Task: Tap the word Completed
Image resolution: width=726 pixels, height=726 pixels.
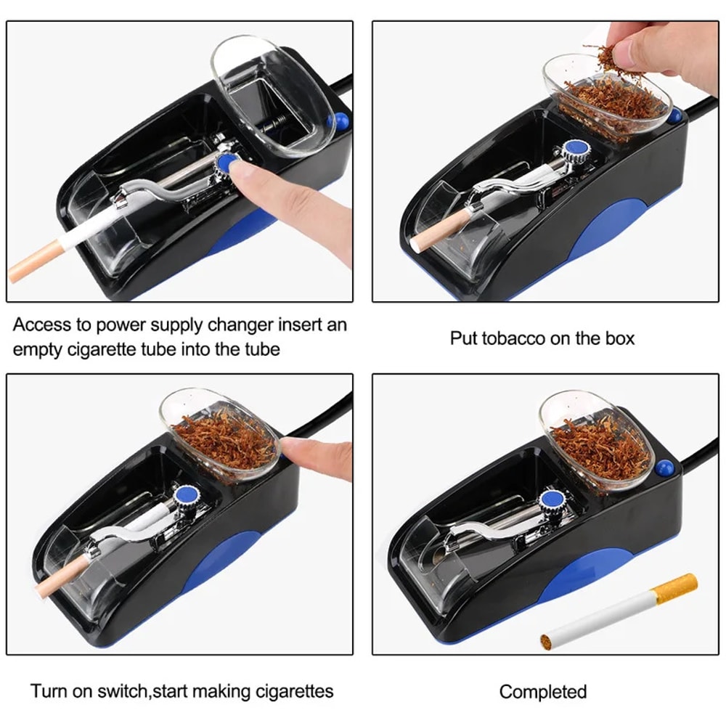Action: click(543, 691)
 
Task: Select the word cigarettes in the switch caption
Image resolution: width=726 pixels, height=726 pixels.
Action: click(287, 690)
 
